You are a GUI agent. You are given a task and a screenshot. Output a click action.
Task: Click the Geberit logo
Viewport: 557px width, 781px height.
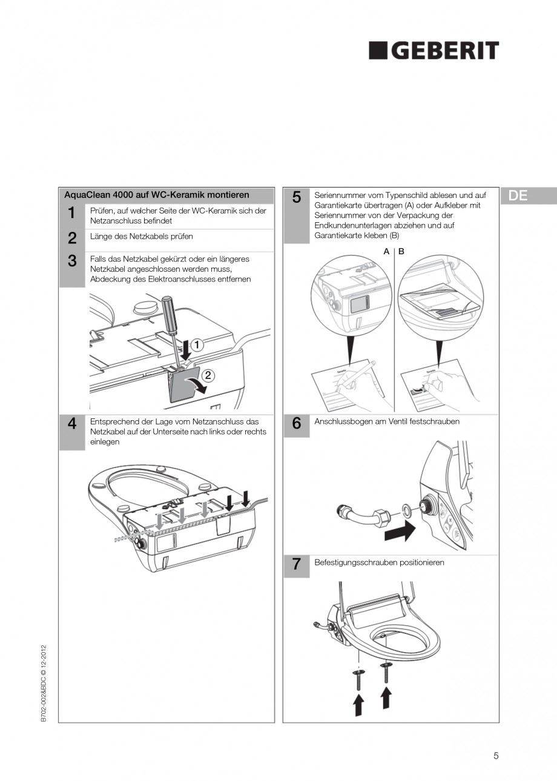tap(433, 51)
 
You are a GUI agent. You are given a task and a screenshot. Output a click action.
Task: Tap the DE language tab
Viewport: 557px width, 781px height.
tap(518, 196)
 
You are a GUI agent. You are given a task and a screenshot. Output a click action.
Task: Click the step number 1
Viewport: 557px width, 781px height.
tap(71, 213)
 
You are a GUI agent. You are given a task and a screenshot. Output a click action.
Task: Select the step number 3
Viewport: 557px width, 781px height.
tap(71, 261)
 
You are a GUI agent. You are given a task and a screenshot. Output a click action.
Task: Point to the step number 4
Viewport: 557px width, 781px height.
tap(71, 424)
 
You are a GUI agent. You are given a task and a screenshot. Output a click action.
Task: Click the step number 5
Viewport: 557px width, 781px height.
tap(297, 197)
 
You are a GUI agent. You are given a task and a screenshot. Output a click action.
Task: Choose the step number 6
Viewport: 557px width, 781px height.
tap(297, 424)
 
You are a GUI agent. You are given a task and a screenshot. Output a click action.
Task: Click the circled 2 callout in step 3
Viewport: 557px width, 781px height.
tap(207, 375)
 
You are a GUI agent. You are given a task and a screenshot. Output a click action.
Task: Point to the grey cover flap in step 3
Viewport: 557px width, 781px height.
tap(181, 387)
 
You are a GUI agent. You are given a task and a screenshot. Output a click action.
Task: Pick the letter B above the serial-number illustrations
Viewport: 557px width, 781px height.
tap(401, 251)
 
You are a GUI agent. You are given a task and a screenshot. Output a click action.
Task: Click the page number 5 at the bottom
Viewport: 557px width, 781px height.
tap(496, 755)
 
